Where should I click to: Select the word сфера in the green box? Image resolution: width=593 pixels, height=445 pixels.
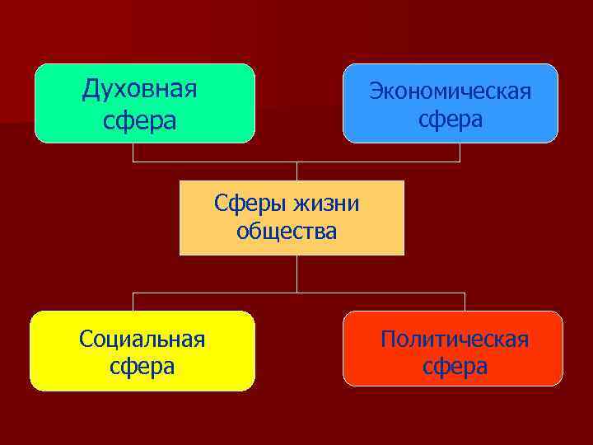pos(140,120)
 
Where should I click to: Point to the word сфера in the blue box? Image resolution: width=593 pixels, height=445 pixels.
pos(451,120)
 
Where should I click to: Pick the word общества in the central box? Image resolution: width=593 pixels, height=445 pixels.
pos(287,232)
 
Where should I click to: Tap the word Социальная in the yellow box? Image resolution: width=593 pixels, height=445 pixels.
pos(142,338)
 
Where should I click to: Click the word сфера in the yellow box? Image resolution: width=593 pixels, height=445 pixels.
pos(142,366)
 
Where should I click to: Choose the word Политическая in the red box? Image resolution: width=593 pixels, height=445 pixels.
pos(455,339)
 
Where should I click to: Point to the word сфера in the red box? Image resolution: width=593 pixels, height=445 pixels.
pos(455,366)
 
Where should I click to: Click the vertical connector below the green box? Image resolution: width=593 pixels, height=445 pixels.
pos(133,152)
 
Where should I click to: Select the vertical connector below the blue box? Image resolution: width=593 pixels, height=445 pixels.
pos(460,152)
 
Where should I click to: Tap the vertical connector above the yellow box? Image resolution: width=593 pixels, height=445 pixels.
pos(133,302)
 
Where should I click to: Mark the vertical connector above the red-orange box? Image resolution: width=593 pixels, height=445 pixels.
pos(465,302)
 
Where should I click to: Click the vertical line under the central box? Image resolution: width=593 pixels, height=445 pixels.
pos(296,274)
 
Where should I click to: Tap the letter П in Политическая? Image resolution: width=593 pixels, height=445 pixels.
pos(388,339)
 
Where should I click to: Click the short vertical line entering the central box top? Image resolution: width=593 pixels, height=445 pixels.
pos(296,171)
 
